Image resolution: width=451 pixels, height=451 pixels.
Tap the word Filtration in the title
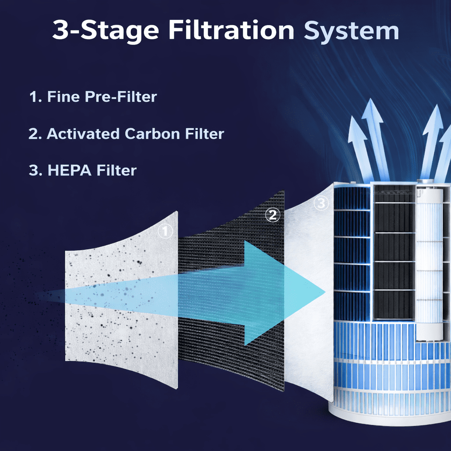[x=231, y=30]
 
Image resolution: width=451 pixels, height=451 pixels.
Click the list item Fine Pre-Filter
[x=93, y=96]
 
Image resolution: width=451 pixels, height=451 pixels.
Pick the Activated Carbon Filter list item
[x=126, y=134]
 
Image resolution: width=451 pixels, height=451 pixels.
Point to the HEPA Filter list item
[x=82, y=170]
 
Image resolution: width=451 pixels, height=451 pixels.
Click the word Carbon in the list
[x=152, y=134]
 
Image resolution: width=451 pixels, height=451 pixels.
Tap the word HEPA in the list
[x=69, y=170]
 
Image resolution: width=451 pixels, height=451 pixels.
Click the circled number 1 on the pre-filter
[x=165, y=231]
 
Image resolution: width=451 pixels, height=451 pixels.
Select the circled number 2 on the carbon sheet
[x=272, y=214]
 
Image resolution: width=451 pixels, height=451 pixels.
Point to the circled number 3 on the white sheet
[x=321, y=203]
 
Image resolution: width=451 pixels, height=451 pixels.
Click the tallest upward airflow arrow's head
[x=372, y=111]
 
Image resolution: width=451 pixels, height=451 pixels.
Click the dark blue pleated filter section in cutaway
[x=352, y=253]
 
